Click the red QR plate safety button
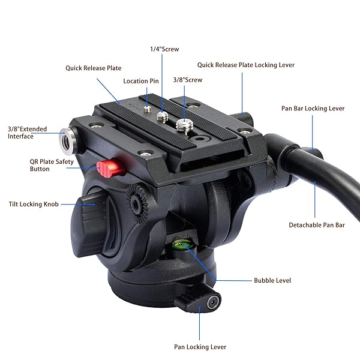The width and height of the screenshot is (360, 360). (111, 167)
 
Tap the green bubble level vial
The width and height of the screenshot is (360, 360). (183, 245)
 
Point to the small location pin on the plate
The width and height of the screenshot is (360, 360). (147, 109)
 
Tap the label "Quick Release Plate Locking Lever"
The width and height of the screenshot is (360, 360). (246, 65)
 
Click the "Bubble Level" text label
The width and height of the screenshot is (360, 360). (272, 280)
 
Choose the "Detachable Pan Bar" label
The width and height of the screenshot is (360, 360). (317, 225)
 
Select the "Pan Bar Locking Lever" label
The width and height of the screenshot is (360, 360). (313, 109)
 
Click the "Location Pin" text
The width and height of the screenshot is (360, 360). (141, 81)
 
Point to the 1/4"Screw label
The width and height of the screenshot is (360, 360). (164, 49)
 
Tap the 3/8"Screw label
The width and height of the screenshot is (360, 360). (188, 80)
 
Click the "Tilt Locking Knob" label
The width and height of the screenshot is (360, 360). (34, 204)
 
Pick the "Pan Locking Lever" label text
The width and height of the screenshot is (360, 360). (200, 347)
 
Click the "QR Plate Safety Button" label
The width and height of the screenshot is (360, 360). (52, 166)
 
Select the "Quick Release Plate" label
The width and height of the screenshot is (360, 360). (94, 68)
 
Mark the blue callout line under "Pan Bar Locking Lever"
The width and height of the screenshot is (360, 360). (313, 134)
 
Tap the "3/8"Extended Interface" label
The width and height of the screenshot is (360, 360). (28, 133)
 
